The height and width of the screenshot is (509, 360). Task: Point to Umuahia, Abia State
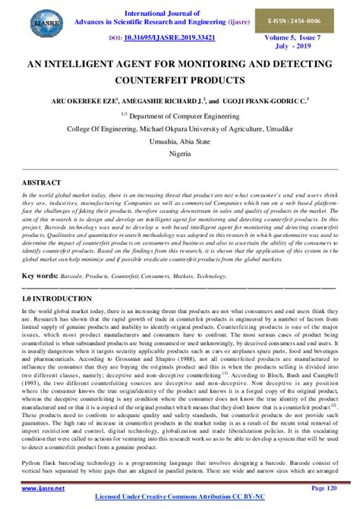click(x=180, y=141)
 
